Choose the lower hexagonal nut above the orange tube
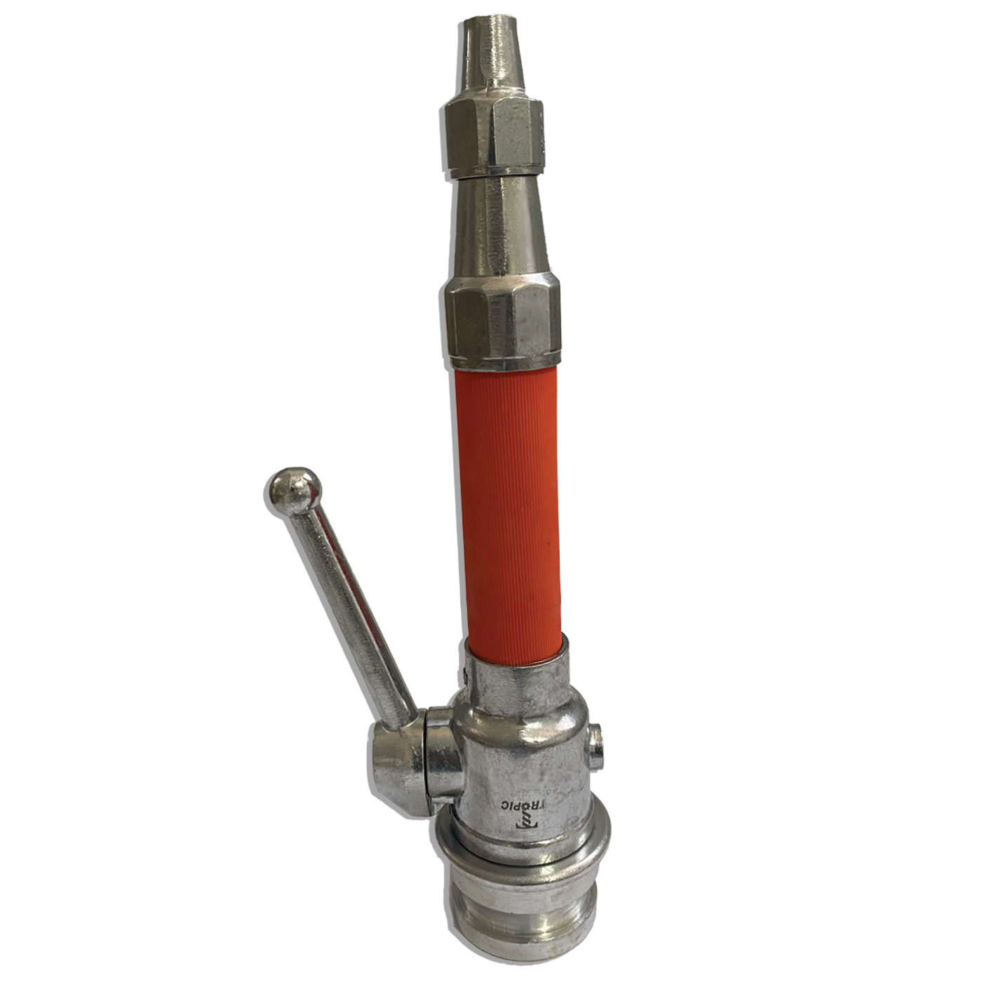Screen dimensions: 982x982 point(502,325)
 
